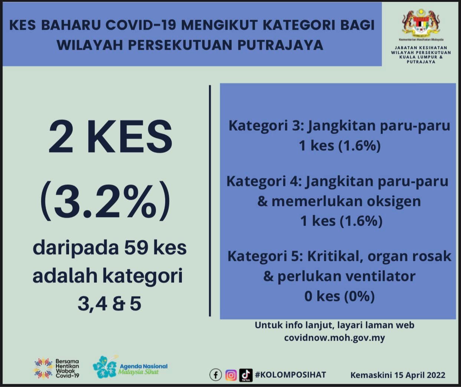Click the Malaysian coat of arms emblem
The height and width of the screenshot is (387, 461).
(421, 23)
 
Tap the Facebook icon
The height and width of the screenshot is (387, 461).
(216, 375)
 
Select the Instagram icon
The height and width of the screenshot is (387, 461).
(231, 375)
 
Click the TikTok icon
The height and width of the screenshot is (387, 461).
(246, 375)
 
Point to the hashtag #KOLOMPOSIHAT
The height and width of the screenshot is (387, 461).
(290, 375)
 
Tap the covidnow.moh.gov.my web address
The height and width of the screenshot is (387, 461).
(334, 338)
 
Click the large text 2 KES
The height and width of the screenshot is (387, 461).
(110, 137)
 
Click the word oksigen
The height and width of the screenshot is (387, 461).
(394, 202)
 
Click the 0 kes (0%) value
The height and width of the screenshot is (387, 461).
(340, 296)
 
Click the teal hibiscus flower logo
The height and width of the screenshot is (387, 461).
(105, 367)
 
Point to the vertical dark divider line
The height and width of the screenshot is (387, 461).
(210, 201)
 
